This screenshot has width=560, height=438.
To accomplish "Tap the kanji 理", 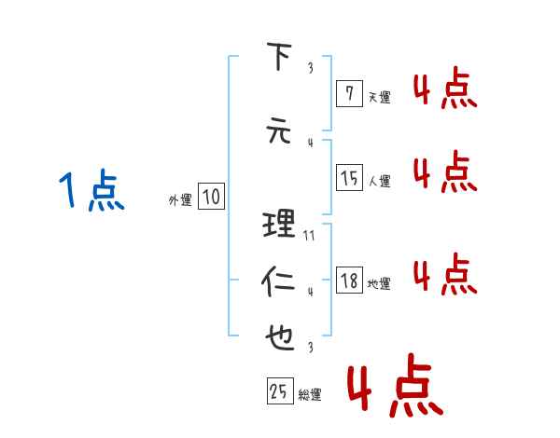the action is coord(279,224).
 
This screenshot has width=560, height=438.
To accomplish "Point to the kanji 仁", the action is coord(279,281).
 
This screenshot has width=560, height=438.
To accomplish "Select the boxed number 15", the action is coord(349,177).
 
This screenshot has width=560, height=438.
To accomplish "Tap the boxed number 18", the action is coord(349,281).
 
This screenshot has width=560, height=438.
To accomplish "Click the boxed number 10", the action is coord(211,197).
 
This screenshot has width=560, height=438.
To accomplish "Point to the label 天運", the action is coord(379,96).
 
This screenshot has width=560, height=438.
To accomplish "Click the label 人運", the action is coord(379,181).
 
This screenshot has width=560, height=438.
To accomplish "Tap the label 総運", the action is coord(310,395).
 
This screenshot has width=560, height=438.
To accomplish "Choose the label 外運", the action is coord(179,199).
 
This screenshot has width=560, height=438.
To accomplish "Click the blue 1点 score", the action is coord(91,192).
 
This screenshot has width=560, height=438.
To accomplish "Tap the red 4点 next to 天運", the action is coord(444,91).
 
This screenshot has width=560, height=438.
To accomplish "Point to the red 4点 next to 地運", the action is coord(444,274).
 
